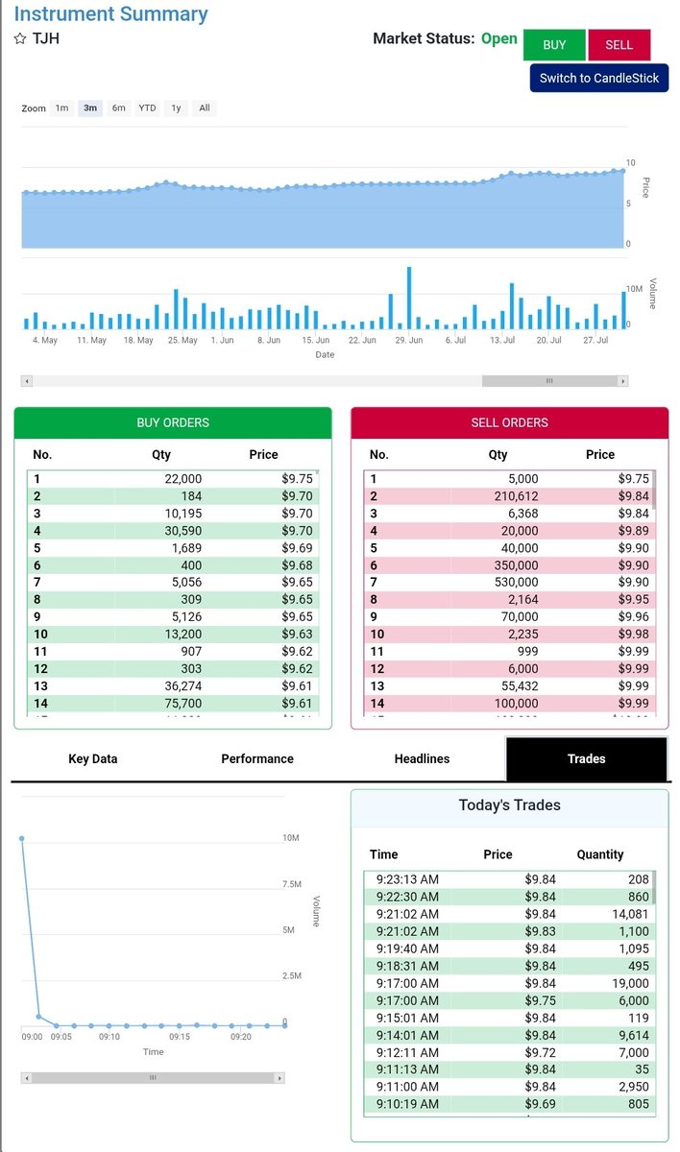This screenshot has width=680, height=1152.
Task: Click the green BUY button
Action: (x=554, y=45)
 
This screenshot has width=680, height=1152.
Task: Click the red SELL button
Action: (x=619, y=45)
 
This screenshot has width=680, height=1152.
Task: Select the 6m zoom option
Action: (x=118, y=108)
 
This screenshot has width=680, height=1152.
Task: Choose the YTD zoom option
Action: (x=147, y=108)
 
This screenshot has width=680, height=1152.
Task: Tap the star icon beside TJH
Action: (x=20, y=38)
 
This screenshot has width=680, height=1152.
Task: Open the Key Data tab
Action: (x=92, y=758)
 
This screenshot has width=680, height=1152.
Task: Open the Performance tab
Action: (x=257, y=758)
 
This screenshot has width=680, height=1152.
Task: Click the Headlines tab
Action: (x=422, y=758)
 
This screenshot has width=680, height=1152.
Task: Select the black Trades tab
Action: (x=587, y=758)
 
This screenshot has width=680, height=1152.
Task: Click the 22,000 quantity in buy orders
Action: (x=183, y=479)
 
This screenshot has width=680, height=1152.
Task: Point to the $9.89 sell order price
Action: (x=633, y=531)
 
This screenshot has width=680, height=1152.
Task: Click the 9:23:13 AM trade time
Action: (x=407, y=879)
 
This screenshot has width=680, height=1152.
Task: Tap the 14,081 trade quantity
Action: (x=630, y=914)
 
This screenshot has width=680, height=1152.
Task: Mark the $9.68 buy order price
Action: (x=297, y=565)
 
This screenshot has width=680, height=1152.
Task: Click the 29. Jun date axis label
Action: (x=409, y=340)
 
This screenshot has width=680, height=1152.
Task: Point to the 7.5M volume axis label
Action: (x=292, y=884)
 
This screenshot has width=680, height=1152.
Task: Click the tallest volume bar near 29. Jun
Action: (x=409, y=298)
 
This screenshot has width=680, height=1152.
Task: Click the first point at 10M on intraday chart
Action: (x=21, y=839)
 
